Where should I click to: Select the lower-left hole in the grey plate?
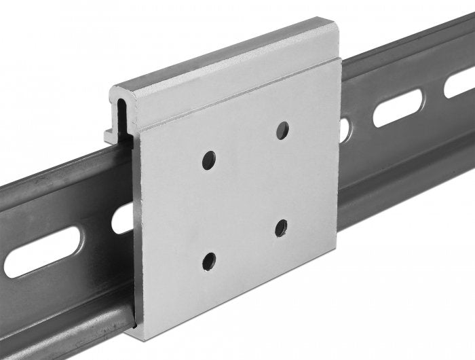pos(209,260)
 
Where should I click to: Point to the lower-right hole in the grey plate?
pos(281,228)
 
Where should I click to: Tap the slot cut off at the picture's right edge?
pos(460,84)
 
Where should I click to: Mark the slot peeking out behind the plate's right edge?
pos(345,130)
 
